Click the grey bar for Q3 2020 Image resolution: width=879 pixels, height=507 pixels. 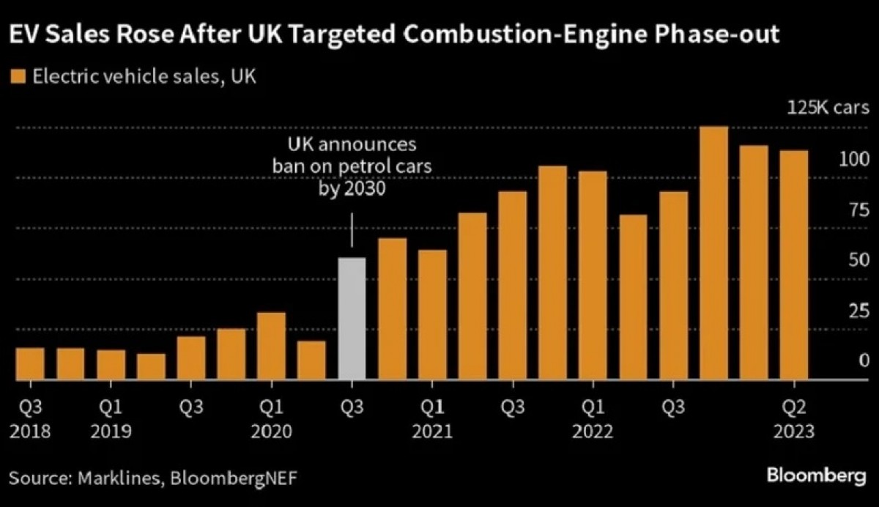click(351, 318)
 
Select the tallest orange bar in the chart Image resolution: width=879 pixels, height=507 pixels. click(713, 253)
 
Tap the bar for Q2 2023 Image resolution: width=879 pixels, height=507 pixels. click(793, 264)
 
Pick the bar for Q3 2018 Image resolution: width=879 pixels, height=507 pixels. click(30, 363)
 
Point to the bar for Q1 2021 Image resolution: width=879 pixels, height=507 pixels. click(431, 314)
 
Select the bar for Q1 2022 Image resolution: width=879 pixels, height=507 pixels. click(593, 275)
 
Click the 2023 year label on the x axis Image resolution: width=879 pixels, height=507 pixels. click(793, 432)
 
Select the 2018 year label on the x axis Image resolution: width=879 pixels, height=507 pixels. click(30, 432)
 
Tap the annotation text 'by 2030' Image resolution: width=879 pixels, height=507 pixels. click(352, 189)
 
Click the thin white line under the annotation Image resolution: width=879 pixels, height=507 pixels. click(352, 230)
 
